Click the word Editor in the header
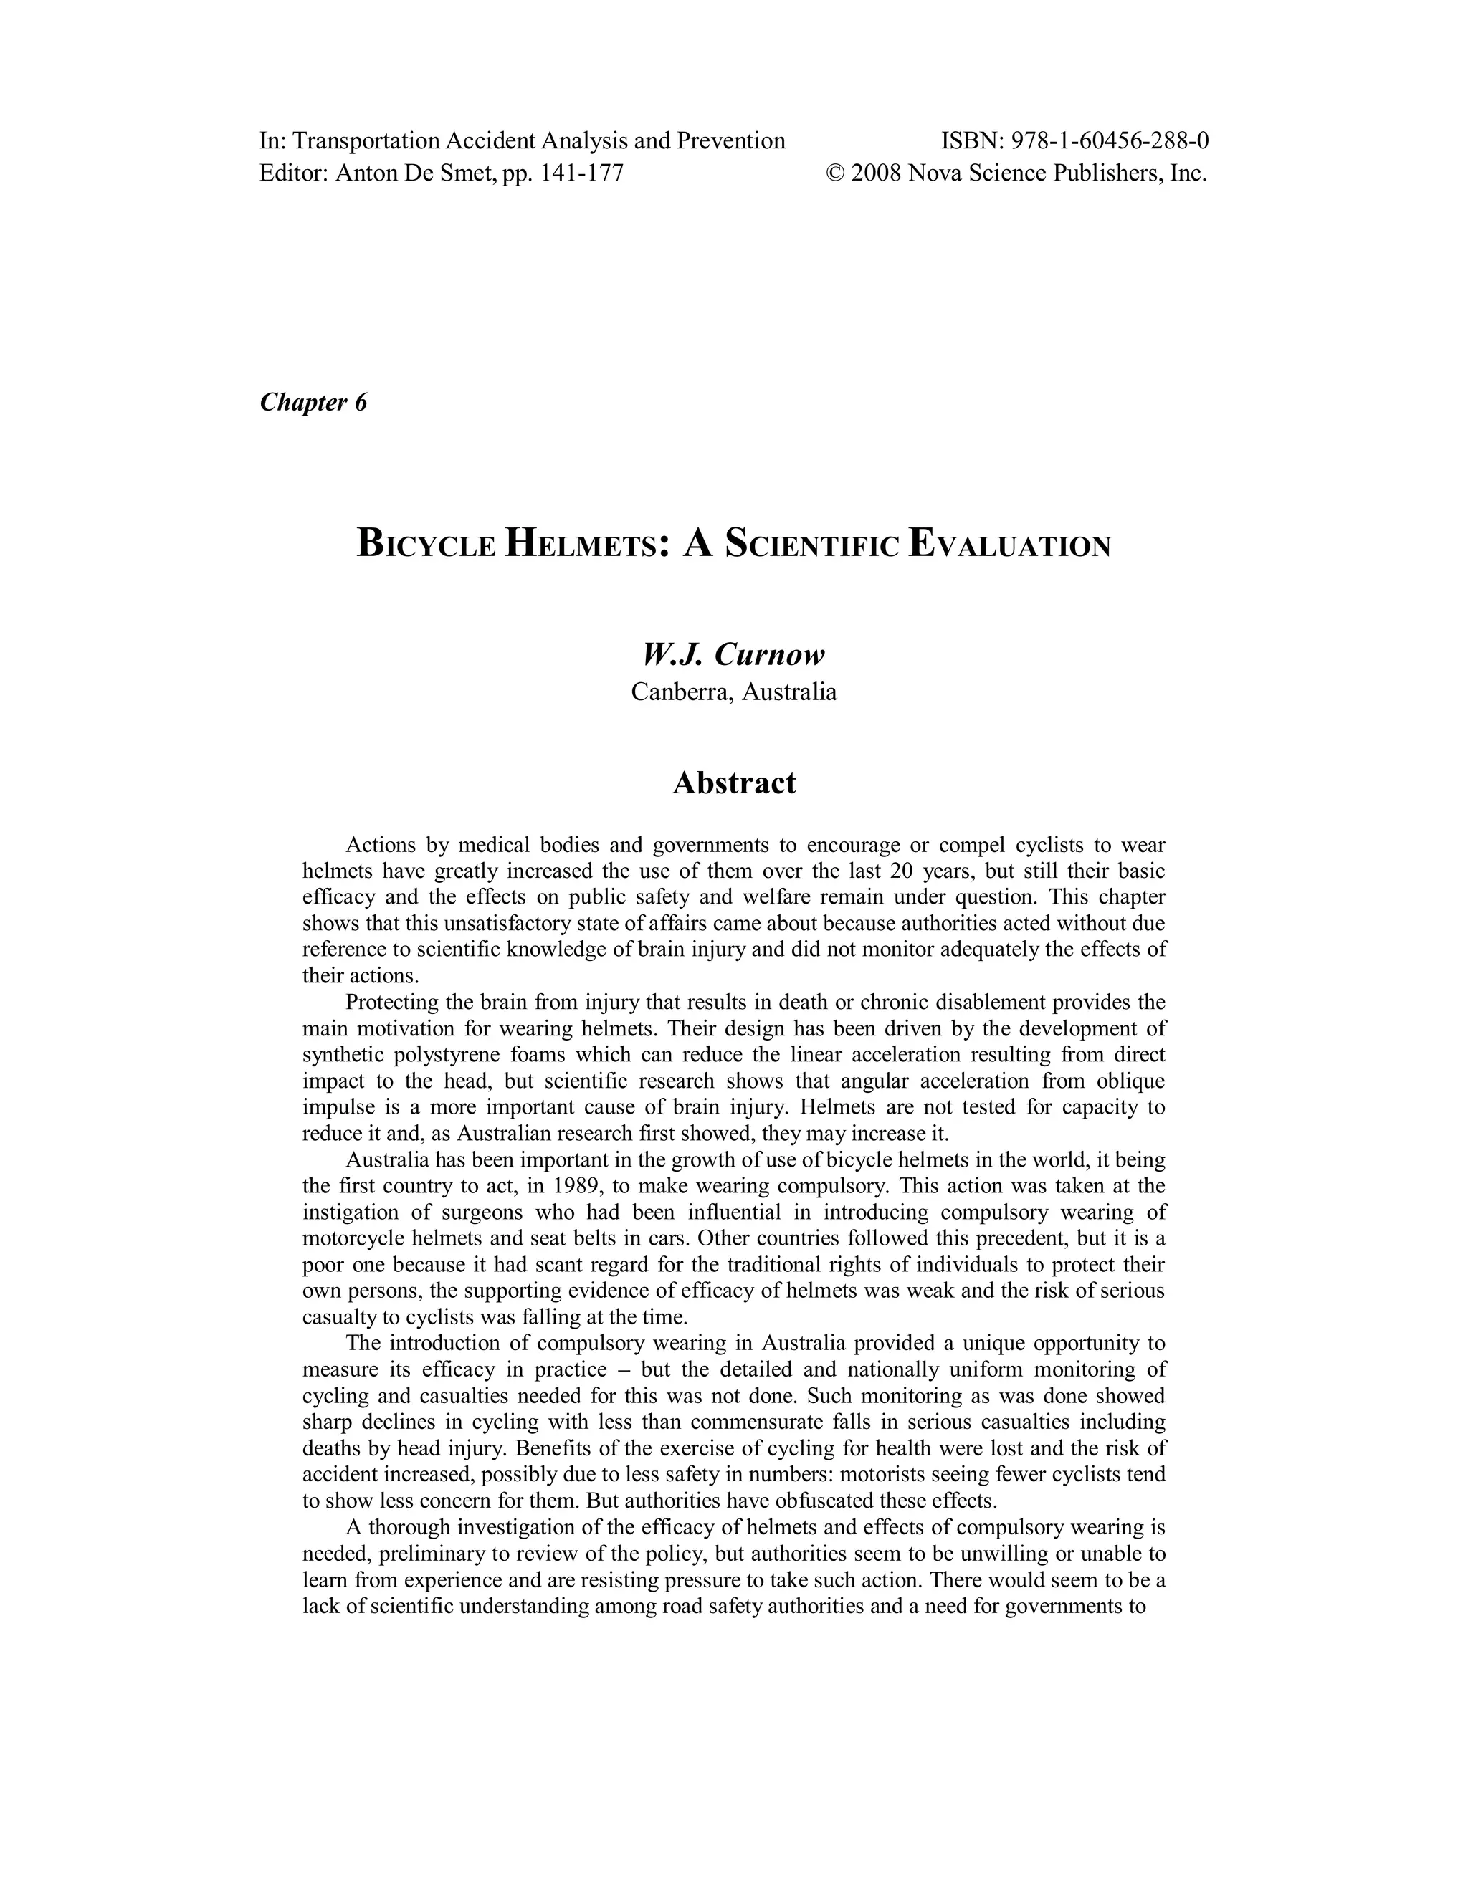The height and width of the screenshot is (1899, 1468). click(294, 173)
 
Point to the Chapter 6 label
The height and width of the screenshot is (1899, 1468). click(313, 403)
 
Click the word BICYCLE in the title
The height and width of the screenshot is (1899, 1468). click(427, 545)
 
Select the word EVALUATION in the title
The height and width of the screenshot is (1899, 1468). click(1009, 545)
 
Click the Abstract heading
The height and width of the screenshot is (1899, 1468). click(734, 783)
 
